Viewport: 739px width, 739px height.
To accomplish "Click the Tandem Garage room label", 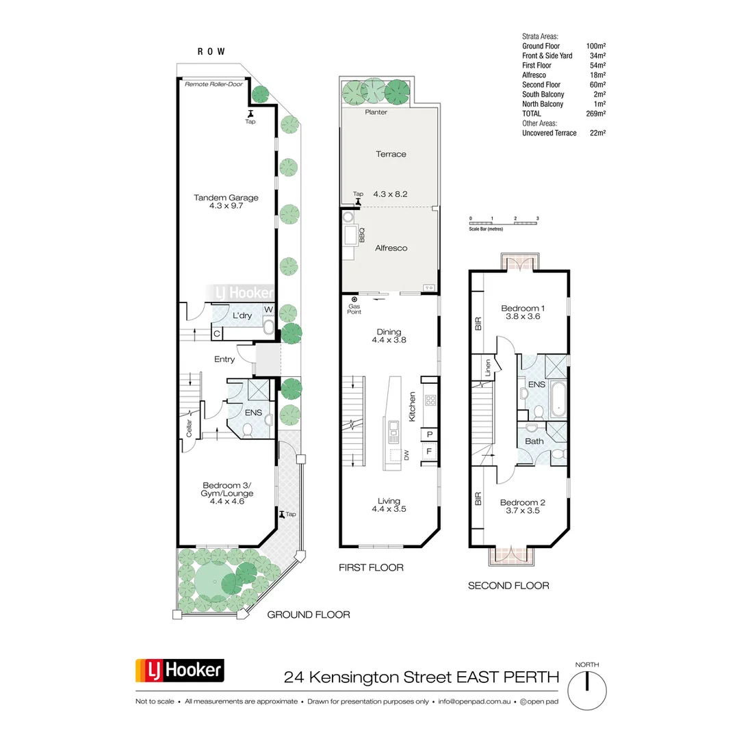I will click(x=226, y=201).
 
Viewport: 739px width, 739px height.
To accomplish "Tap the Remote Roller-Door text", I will click(x=213, y=85).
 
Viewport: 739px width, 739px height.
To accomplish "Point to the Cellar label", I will click(x=190, y=428).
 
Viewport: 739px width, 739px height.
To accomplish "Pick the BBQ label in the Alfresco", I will click(x=362, y=236).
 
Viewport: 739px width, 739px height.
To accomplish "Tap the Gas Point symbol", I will click(x=354, y=299).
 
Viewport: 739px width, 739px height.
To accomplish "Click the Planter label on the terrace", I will click(x=376, y=112).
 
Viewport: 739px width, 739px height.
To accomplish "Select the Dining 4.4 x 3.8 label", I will click(x=389, y=335).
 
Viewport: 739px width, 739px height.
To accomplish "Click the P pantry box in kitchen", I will click(x=430, y=434).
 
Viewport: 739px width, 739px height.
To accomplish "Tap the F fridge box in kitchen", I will click(x=430, y=452).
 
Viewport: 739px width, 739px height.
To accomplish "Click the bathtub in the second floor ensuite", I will click(x=558, y=401).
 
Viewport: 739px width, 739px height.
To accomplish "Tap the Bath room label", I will click(x=534, y=441).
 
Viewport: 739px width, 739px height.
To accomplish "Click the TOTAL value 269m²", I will click(x=596, y=114).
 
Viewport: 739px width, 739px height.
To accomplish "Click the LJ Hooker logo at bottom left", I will click(x=180, y=670).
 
